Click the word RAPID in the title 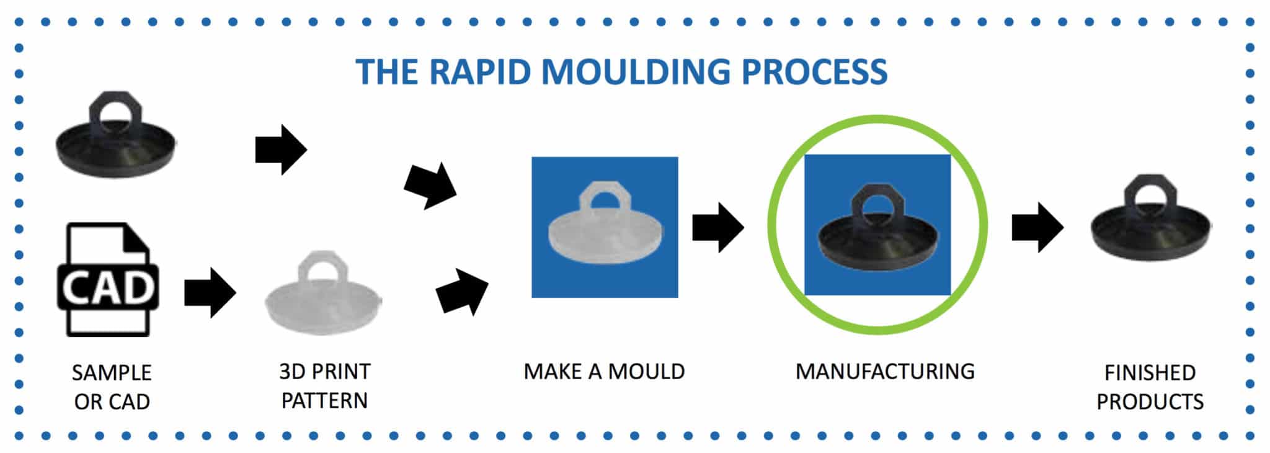(x=481, y=72)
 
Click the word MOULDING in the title (x=639, y=72)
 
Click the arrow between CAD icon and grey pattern (x=210, y=292)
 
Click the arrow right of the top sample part (x=281, y=150)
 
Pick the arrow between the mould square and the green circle (x=717, y=227)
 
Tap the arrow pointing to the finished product (x=1037, y=227)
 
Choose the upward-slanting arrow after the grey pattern (x=462, y=292)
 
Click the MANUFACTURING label (x=885, y=372)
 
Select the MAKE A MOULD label (x=604, y=372)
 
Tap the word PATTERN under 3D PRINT (x=324, y=401)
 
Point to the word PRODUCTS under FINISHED (x=1150, y=402)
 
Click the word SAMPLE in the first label (x=112, y=373)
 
